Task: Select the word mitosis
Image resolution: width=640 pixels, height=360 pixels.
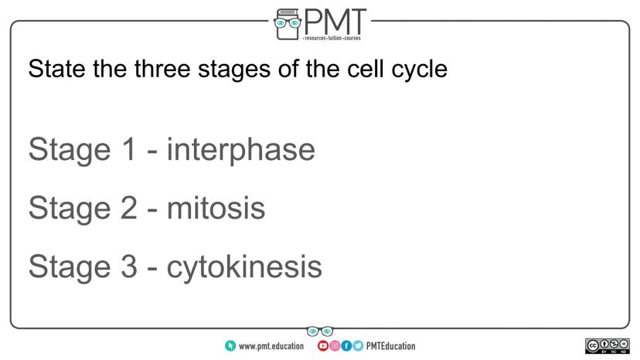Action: (x=216, y=208)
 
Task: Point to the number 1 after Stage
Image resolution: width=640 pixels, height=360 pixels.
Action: (x=129, y=149)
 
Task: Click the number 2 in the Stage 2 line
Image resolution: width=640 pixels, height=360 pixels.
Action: (x=129, y=208)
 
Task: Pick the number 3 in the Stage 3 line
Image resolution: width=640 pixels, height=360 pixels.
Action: (x=129, y=267)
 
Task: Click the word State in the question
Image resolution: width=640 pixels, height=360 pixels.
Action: (x=56, y=69)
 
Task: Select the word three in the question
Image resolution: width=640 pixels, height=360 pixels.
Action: (x=162, y=69)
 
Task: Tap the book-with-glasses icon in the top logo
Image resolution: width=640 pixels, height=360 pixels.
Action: (x=288, y=24)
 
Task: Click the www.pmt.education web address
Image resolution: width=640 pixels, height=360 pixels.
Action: (x=271, y=346)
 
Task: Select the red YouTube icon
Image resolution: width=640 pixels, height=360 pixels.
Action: (x=322, y=346)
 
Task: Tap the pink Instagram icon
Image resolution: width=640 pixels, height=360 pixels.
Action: (x=334, y=346)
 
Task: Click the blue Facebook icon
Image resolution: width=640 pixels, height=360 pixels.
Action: (x=346, y=346)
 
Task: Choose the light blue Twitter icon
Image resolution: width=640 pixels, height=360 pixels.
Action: (x=358, y=346)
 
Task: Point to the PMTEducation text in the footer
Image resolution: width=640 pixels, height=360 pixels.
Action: (x=390, y=346)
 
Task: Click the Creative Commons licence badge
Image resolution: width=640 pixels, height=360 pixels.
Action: (x=608, y=346)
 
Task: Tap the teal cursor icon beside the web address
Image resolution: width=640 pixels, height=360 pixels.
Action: (x=230, y=346)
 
